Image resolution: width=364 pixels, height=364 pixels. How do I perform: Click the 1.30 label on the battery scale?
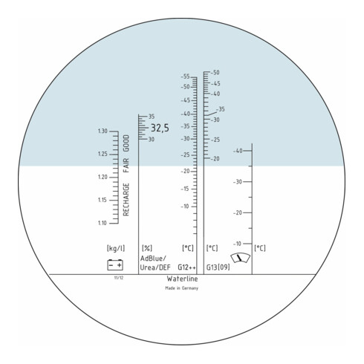click(x=103, y=131)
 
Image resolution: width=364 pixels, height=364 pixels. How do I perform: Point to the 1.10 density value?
click(x=103, y=223)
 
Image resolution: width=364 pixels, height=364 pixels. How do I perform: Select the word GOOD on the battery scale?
click(x=126, y=143)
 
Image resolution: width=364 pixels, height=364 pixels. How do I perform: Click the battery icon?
click(x=115, y=264)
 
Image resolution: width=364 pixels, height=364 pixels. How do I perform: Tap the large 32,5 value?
click(x=160, y=129)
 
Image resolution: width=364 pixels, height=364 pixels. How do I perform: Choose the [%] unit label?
click(x=146, y=247)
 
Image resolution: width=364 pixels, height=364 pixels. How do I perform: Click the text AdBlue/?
click(x=155, y=258)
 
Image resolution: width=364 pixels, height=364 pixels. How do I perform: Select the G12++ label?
click(x=187, y=267)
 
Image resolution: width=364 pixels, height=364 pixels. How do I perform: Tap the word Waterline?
click(x=181, y=278)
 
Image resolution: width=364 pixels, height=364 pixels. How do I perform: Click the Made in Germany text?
click(x=181, y=287)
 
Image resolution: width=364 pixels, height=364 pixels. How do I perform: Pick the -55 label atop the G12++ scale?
click(x=186, y=77)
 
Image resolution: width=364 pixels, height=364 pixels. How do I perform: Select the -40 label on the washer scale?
click(x=238, y=151)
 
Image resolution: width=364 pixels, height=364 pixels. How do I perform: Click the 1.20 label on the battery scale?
click(x=103, y=178)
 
